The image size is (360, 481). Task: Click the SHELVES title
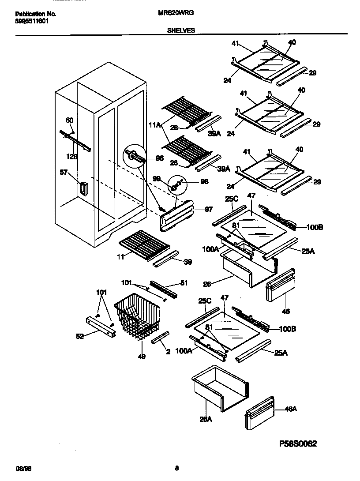pyautogui.click(x=181, y=31)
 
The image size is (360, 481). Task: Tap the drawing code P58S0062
pyautogui.click(x=298, y=443)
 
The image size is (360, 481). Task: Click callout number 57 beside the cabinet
pyautogui.click(x=64, y=173)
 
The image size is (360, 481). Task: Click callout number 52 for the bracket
pyautogui.click(x=80, y=336)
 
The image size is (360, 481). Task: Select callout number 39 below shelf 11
pyautogui.click(x=188, y=262)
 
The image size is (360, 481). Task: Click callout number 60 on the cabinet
pyautogui.click(x=70, y=120)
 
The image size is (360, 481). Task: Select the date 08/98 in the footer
pyautogui.click(x=22, y=468)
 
